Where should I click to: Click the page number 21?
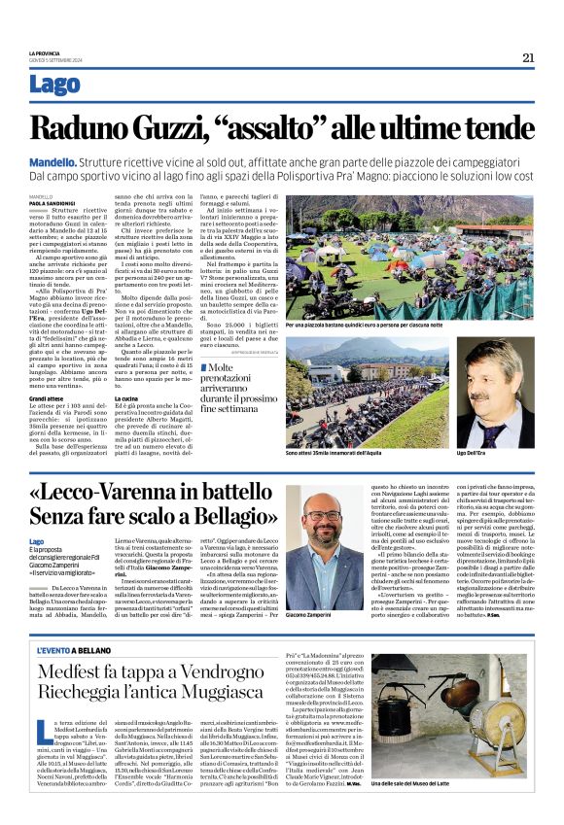coord(527,57)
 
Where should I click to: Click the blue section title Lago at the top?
coord(55,85)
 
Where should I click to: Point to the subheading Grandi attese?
coord(47,398)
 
